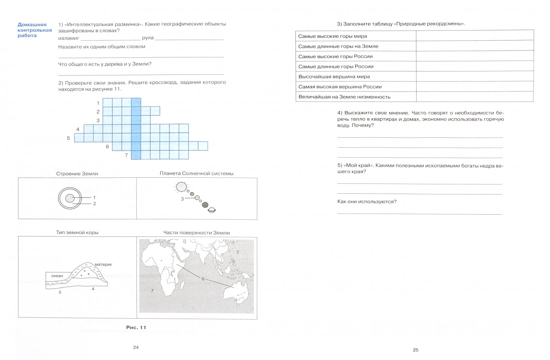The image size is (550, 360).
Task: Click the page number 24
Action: pyautogui.click(x=136, y=347)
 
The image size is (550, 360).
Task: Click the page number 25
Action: pyautogui.click(x=415, y=350)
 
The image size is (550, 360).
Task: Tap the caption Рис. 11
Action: pyautogui.click(x=136, y=327)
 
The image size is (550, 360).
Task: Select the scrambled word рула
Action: pyautogui.click(x=147, y=38)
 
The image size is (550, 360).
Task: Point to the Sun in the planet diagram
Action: pyautogui.click(x=181, y=187)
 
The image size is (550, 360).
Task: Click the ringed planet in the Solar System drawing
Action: pyautogui.click(x=211, y=210)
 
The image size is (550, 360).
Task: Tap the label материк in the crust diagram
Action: pyautogui.click(x=103, y=264)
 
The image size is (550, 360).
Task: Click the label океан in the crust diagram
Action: pyautogui.click(x=57, y=276)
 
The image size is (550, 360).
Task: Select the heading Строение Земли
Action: pyautogui.click(x=77, y=173)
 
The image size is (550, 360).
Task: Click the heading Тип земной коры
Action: pyautogui.click(x=77, y=232)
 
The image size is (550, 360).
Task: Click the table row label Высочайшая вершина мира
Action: pyautogui.click(x=334, y=76)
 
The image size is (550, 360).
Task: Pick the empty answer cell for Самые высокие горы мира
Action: pyautogui.click(x=474, y=36)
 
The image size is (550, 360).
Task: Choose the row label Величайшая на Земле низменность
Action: pyautogui.click(x=344, y=97)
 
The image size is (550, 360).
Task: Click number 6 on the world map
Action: pyautogui.click(x=203, y=279)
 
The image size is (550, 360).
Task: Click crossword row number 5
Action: pyautogui.click(x=68, y=138)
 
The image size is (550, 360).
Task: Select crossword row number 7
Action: pyautogui.click(x=126, y=155)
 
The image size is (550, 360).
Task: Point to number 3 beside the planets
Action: pyautogui.click(x=182, y=199)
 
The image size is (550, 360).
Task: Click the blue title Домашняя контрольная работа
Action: pyautogui.click(x=35, y=30)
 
